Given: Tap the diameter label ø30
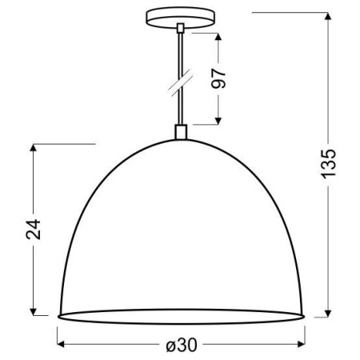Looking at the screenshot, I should coord(182,345).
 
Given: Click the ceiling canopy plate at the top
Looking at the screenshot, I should coord(182,17).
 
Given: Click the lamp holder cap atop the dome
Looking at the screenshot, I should coord(182,132).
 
